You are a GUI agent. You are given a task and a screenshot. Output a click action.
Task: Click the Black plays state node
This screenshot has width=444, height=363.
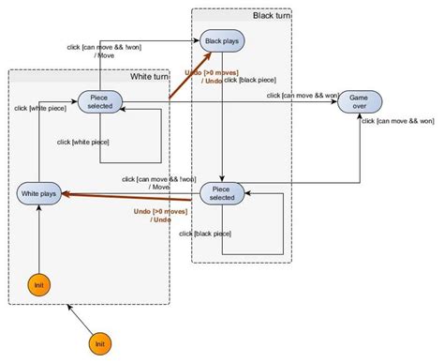[222, 42]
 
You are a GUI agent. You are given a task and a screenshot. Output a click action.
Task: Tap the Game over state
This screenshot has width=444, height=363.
[360, 101]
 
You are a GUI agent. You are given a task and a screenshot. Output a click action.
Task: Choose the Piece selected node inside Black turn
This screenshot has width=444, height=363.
[222, 194]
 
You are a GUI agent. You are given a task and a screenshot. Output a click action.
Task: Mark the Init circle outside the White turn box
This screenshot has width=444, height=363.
[100, 345]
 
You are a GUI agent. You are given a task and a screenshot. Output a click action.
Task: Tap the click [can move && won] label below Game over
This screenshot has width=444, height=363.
[400, 121]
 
